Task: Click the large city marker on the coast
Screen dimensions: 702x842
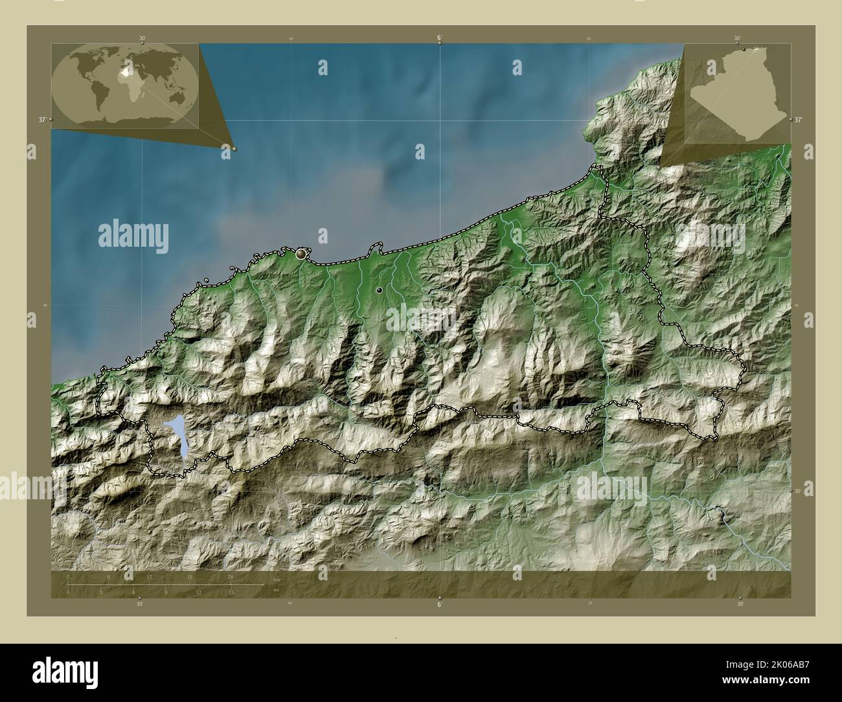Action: [301, 255]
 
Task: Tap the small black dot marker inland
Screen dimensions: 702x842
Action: [379, 290]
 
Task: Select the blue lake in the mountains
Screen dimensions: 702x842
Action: [176, 435]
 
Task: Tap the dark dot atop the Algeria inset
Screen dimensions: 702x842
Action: [744, 49]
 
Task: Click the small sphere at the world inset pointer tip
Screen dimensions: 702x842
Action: [234, 148]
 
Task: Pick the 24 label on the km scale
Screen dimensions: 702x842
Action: [230, 577]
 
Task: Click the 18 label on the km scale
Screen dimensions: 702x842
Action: [190, 577]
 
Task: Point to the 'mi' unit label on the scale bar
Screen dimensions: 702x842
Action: [276, 590]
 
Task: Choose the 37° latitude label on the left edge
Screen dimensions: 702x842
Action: [41, 120]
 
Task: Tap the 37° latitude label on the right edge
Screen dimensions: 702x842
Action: [798, 120]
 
